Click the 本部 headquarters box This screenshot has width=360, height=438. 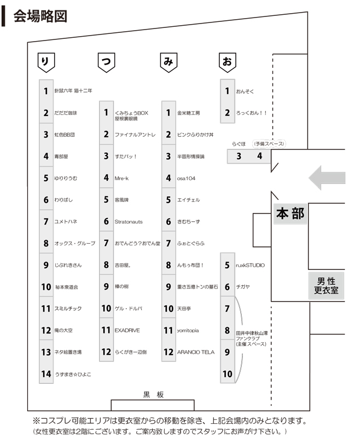(x=289, y=214)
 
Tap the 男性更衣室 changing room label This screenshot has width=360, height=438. (x=326, y=285)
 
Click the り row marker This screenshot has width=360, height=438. (x=45, y=62)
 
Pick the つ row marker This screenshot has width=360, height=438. (x=106, y=62)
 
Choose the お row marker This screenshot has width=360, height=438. (x=227, y=62)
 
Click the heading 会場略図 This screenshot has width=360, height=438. (x=39, y=15)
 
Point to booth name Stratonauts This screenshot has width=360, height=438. (x=129, y=222)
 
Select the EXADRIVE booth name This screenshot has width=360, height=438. (x=128, y=330)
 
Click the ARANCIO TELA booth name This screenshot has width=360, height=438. (x=196, y=352)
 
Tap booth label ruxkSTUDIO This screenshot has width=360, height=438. (x=250, y=265)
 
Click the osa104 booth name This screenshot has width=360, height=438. (x=186, y=178)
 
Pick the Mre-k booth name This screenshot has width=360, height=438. (x=122, y=178)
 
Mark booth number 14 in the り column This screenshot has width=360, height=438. (x=46, y=374)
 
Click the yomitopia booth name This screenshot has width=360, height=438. (x=188, y=330)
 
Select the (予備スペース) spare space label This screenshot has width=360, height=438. (x=269, y=143)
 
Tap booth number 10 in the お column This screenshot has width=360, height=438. (x=228, y=374)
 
